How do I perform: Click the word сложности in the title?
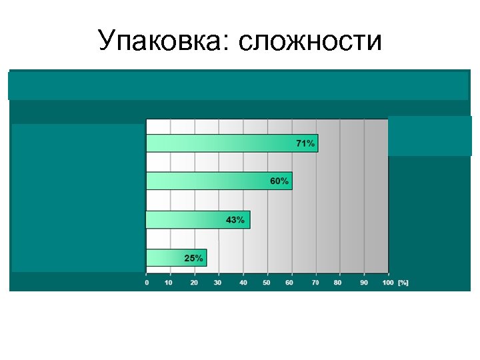pyautogui.click(x=309, y=41)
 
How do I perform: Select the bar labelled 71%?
pyautogui.click(x=231, y=143)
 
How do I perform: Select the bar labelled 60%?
pyautogui.click(x=219, y=181)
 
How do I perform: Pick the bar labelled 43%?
pyautogui.click(x=197, y=220)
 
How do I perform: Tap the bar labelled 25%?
pyautogui.click(x=176, y=258)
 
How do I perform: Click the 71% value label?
pyautogui.click(x=305, y=143)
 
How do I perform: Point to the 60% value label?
pyautogui.click(x=279, y=181)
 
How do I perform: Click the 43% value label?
pyautogui.click(x=235, y=220)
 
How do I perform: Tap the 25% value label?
pyautogui.click(x=194, y=258)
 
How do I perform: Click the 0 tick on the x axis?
pyautogui.click(x=147, y=283)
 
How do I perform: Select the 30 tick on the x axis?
pyautogui.click(x=218, y=283)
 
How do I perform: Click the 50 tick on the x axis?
pyautogui.click(x=267, y=283)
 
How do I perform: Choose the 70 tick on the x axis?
pyautogui.click(x=315, y=283)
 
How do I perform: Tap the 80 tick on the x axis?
pyautogui.click(x=339, y=283)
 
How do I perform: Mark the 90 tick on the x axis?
pyautogui.click(x=363, y=283)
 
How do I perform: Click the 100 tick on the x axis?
pyautogui.click(x=387, y=283)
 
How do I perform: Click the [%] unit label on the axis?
pyautogui.click(x=403, y=283)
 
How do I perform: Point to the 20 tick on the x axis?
pyautogui.click(x=195, y=283)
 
